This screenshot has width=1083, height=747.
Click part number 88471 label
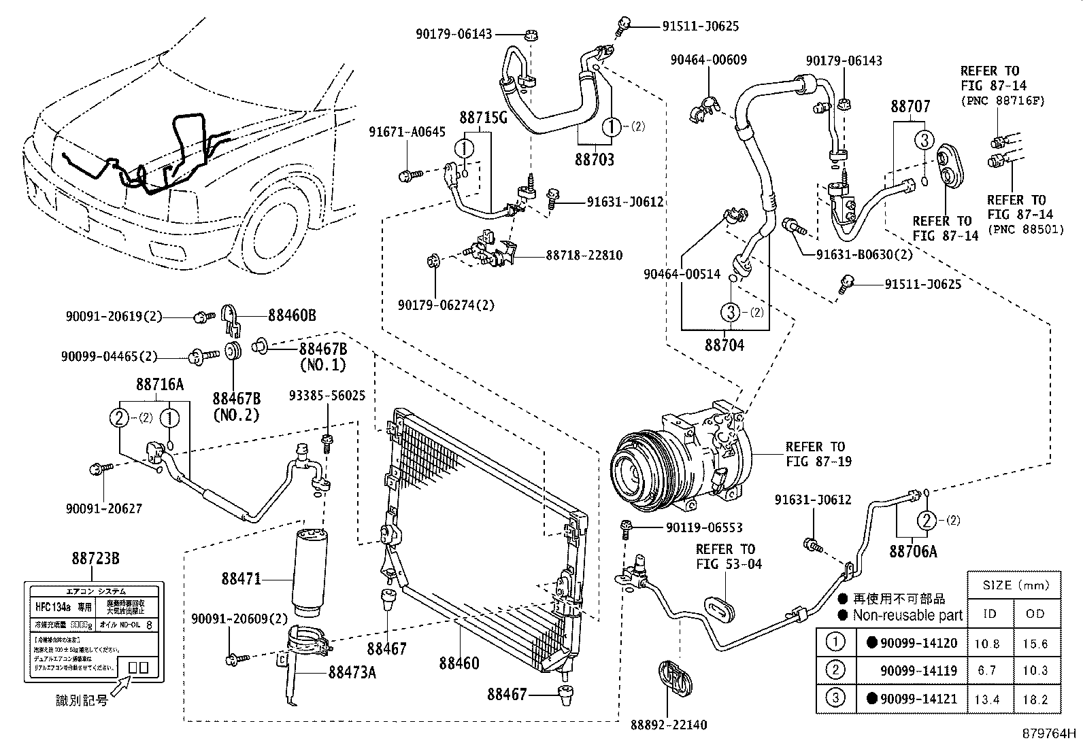coord(241,579)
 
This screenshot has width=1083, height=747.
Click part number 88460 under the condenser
coord(459,662)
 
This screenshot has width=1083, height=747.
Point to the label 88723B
coord(96,558)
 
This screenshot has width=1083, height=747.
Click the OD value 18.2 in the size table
coord(1035,699)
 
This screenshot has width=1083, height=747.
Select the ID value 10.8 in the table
coord(990,644)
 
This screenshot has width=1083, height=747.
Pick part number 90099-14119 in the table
coord(918,671)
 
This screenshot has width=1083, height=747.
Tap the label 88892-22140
coord(668,725)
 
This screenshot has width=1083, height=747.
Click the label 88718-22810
coord(584,256)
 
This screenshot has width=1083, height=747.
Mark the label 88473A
coord(352,672)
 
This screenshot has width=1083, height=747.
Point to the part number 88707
coord(911,107)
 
